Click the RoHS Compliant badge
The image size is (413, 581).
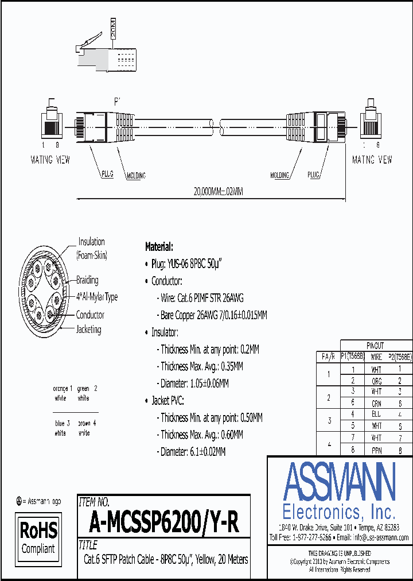click(38, 536)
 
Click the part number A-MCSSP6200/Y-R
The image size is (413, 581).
click(163, 522)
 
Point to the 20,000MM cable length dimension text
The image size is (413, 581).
click(211, 192)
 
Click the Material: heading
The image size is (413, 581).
click(159, 247)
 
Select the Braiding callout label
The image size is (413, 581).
click(87, 280)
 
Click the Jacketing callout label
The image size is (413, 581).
click(88, 330)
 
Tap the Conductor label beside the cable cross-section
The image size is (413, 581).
click(90, 315)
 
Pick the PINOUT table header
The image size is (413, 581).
click(376, 346)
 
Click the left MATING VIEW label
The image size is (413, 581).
click(50, 160)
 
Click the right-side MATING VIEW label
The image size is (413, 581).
click(372, 160)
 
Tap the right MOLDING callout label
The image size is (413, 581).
click(279, 175)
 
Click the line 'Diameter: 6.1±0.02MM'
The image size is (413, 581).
click(193, 452)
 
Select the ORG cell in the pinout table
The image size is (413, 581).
click(376, 380)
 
